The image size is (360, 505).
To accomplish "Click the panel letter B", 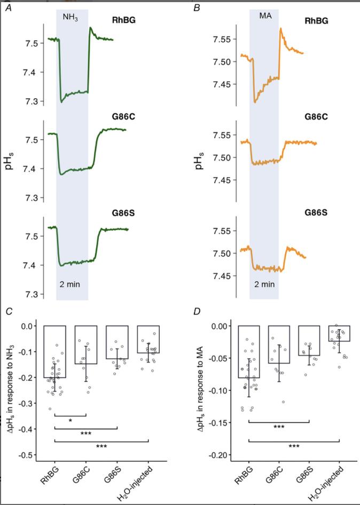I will [x=196, y=9].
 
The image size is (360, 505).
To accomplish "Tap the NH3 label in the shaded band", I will [x=71, y=17].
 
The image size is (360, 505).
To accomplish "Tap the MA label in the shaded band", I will [x=265, y=17].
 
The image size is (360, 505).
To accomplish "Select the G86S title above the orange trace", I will [x=317, y=212].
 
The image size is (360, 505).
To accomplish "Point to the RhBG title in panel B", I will [x=316, y=21].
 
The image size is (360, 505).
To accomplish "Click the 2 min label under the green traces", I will [x=69, y=284].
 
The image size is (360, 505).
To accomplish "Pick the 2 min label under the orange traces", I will [x=264, y=284].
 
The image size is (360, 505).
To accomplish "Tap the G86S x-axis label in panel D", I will [x=303, y=473].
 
